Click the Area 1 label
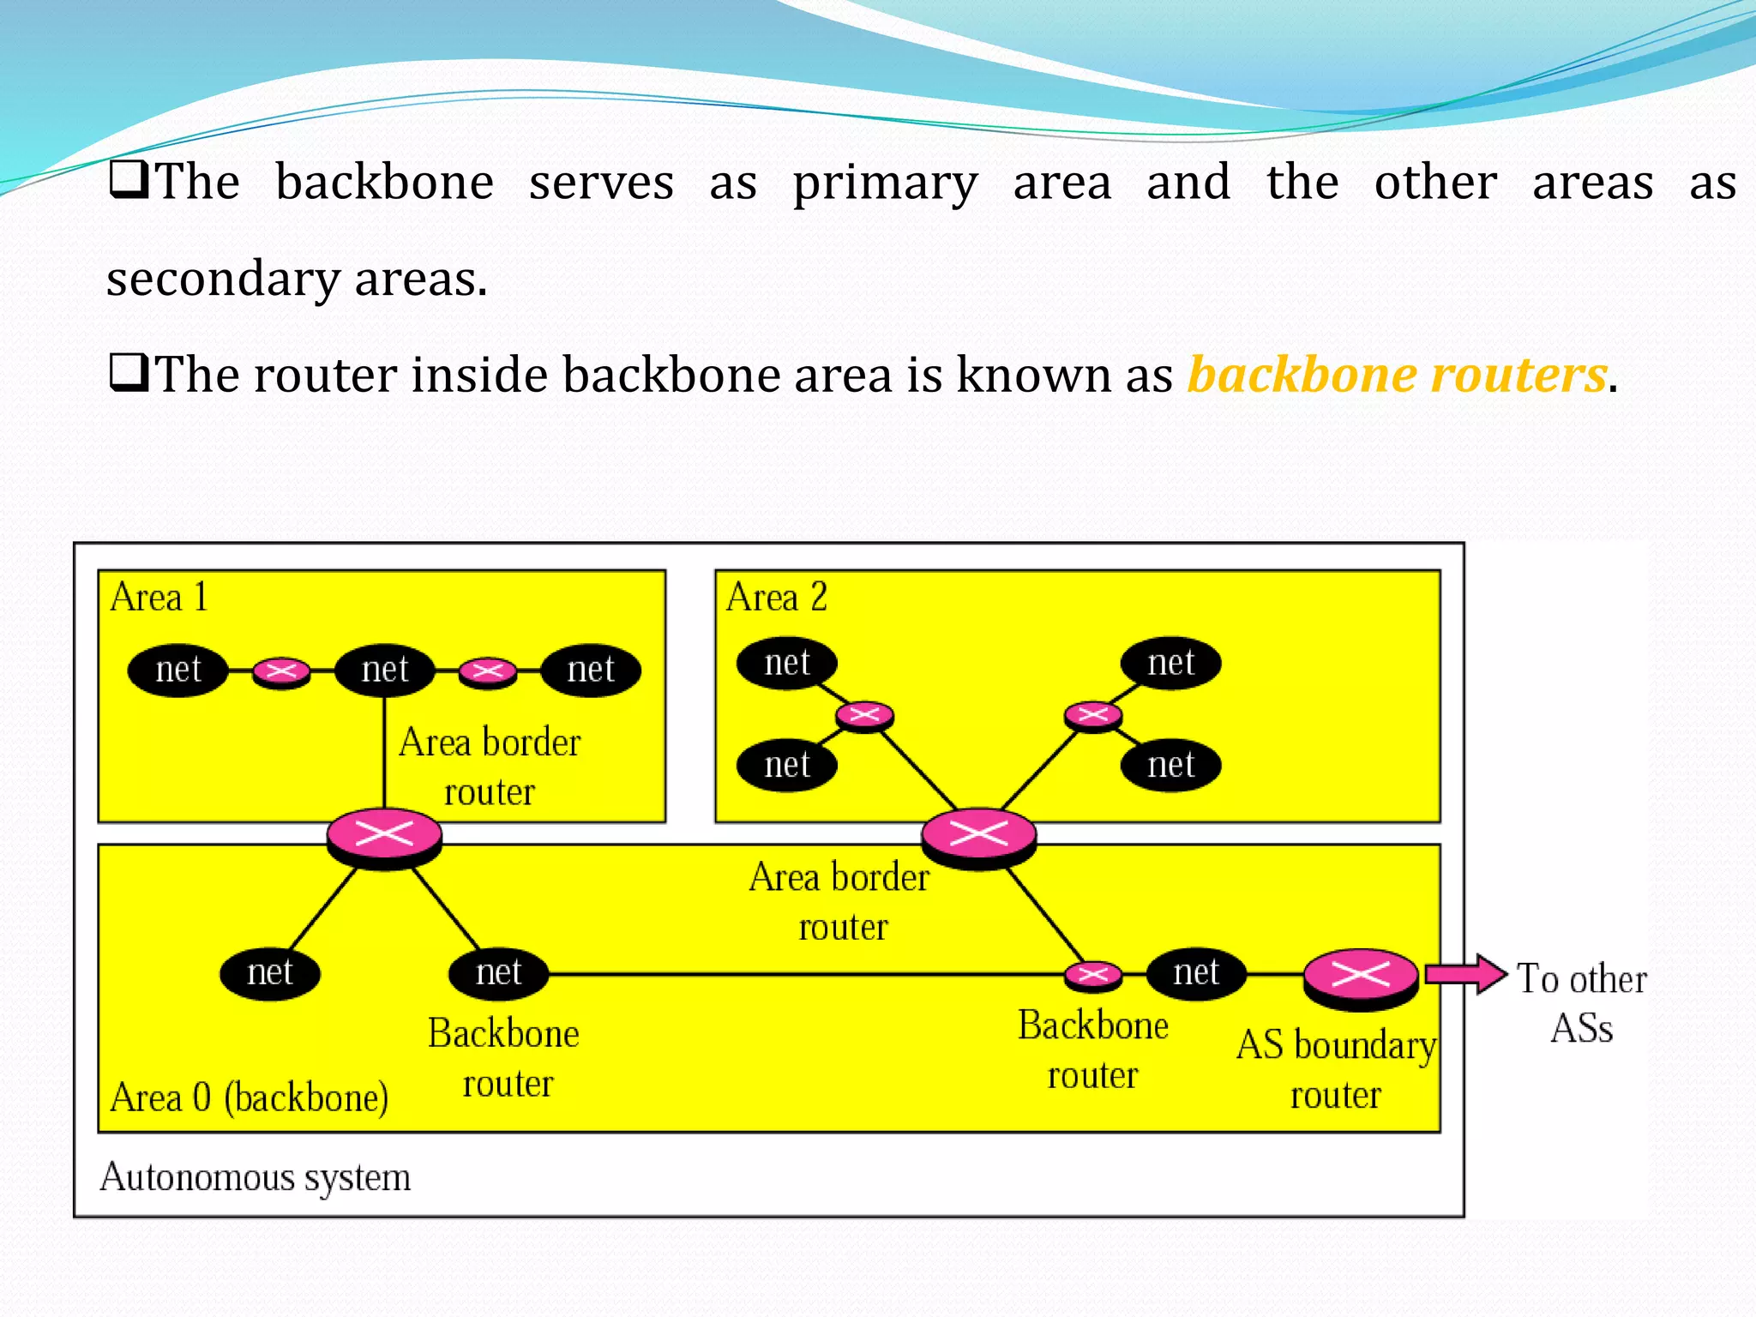tap(159, 598)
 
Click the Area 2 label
tap(777, 598)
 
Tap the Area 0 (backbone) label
tap(249, 1097)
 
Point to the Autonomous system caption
tap(256, 1177)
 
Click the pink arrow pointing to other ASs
tap(1465, 975)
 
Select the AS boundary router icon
tap(1360, 977)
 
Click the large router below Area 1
tap(384, 836)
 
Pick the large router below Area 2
tap(978, 836)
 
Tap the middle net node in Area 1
tap(385, 670)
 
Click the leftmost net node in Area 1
tap(178, 670)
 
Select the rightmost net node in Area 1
tap(591, 670)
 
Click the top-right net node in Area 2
tap(1171, 663)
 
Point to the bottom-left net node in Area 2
tap(787, 765)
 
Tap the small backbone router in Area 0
tap(1092, 975)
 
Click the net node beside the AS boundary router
tap(1196, 973)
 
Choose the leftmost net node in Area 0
tap(270, 973)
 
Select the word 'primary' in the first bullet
tap(885, 183)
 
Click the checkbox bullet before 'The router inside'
tap(129, 374)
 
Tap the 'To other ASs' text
tap(1582, 1003)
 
